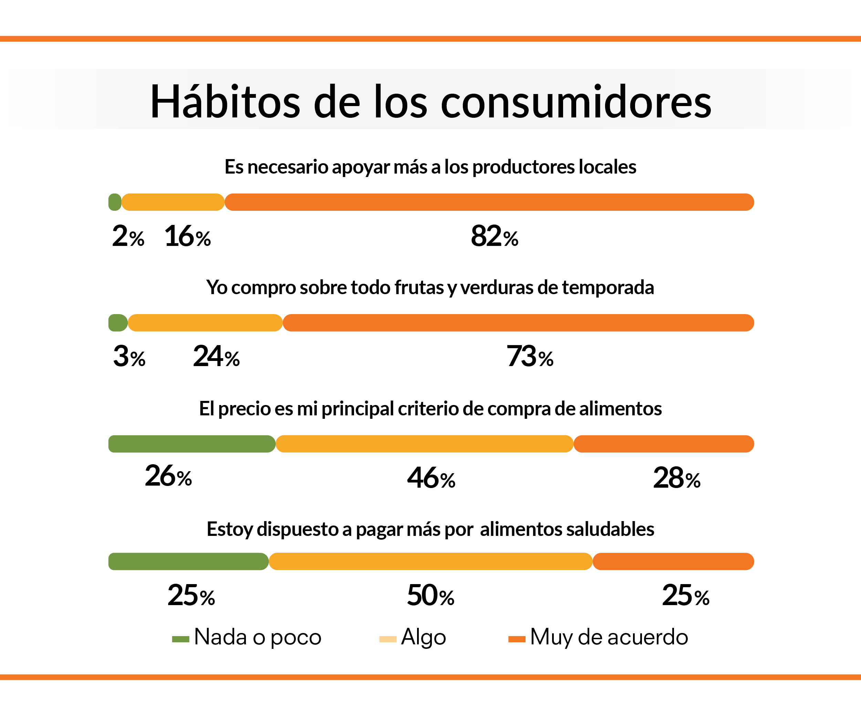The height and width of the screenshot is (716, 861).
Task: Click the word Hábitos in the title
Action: [x=225, y=102]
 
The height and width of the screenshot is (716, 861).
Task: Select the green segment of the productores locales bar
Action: [x=115, y=202]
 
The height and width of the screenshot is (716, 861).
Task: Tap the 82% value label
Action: [x=494, y=237]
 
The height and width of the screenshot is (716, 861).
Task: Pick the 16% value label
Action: [x=187, y=237]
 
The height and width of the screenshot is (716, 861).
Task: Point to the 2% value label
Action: [x=128, y=237]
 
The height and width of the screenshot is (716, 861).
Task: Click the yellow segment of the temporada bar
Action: [x=205, y=323]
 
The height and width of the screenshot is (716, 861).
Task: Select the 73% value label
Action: [x=530, y=357]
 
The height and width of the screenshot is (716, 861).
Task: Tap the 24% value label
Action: [x=216, y=357]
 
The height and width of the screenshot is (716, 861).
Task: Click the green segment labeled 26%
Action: [x=191, y=444]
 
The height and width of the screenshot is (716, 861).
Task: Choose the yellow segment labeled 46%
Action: [x=424, y=444]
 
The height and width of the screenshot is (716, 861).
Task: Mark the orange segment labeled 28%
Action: [x=663, y=444]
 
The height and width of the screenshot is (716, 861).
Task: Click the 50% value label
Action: [x=430, y=596]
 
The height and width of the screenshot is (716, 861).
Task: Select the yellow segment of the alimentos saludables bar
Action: [x=430, y=561]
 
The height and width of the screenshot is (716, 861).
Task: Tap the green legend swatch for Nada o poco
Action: [x=180, y=639]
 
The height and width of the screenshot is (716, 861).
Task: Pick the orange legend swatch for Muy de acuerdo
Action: [x=517, y=639]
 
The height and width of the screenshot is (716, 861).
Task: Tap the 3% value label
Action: [x=129, y=357]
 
